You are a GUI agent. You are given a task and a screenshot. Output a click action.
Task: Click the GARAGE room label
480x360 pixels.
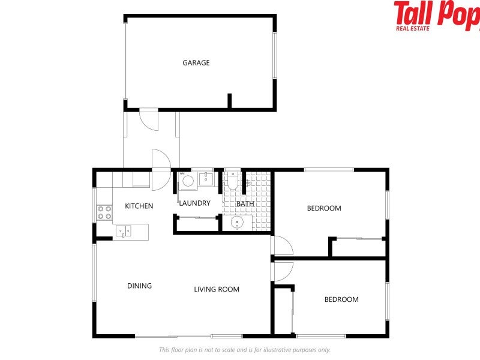(196, 62)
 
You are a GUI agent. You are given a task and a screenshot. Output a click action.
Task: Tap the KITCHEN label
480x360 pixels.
(139, 206)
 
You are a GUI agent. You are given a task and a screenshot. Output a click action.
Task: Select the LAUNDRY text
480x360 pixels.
(194, 203)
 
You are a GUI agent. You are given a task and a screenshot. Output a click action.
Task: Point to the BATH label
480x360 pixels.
(245, 203)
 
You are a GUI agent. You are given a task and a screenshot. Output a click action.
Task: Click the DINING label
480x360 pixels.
(139, 286)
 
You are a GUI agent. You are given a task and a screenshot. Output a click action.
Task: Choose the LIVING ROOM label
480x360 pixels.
(217, 289)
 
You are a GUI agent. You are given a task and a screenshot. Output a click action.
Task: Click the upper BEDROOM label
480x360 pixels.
(324, 208)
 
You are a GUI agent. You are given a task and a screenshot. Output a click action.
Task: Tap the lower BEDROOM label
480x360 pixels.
(341, 299)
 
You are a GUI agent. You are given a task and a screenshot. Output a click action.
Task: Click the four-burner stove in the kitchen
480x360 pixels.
(104, 212)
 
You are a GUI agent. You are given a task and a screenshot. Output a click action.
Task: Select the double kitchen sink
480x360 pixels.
(124, 230)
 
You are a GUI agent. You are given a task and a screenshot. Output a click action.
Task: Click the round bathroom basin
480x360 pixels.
(238, 223)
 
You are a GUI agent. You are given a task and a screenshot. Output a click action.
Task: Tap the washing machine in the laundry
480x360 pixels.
(187, 181)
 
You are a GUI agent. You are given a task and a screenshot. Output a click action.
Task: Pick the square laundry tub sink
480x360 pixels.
(205, 178)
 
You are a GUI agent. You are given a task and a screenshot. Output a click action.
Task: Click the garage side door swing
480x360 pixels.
(149, 119)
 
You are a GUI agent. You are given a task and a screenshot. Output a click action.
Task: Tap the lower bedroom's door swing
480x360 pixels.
(283, 271)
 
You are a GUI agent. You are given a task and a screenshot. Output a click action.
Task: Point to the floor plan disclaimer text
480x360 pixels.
(244, 350)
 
